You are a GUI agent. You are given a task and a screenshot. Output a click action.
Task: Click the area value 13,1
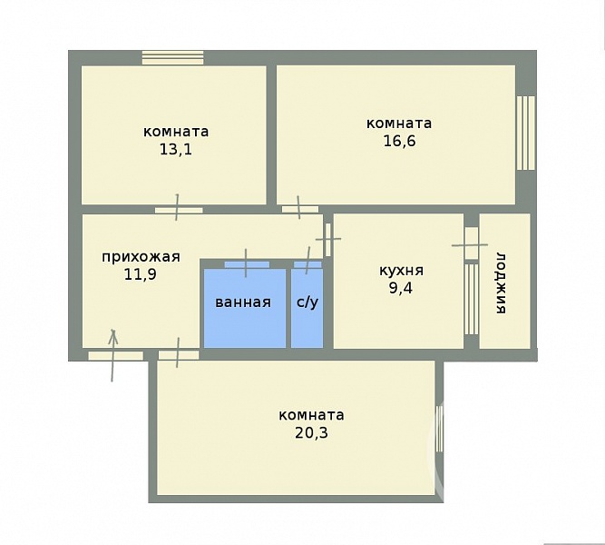point(176,149)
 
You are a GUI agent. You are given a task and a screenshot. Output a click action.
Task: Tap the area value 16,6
point(399,141)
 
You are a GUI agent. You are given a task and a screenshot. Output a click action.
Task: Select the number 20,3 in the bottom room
point(311,432)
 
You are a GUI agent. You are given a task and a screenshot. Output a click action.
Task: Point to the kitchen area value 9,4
point(401,288)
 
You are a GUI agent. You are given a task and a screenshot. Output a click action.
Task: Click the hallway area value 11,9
point(140,274)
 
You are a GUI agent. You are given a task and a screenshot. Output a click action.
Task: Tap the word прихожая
point(141,257)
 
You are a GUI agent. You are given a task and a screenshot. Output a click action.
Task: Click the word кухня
point(401,271)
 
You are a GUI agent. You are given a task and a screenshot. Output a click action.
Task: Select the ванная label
point(243,302)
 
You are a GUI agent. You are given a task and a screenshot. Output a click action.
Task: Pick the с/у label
point(307,302)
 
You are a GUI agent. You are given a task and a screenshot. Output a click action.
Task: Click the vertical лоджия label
point(501,283)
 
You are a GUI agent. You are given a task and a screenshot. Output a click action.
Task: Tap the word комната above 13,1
point(176,132)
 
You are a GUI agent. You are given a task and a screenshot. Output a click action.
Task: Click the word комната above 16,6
point(399,124)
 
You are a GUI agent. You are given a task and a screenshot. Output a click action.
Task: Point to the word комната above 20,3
point(311,415)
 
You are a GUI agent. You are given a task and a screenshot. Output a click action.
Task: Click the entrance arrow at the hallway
point(113,355)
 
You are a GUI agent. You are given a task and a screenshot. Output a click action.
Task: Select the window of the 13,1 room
point(172,57)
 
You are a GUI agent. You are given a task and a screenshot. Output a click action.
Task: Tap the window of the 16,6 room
point(525,133)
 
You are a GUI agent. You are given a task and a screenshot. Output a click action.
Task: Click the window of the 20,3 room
point(439,428)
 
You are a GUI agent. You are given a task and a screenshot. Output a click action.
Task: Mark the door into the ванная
point(247,264)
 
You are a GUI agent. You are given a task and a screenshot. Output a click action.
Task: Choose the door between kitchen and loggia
point(471,243)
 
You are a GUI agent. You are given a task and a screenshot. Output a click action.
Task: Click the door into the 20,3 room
point(179,355)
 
